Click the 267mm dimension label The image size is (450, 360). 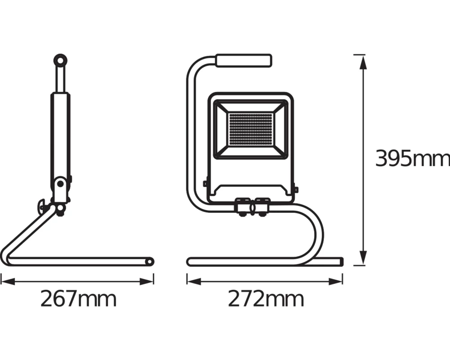coord(78,299)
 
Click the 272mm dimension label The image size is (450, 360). coord(265,299)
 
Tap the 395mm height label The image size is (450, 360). coord(412,159)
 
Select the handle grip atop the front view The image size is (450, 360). coord(244,61)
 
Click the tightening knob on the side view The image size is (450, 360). coord(42,206)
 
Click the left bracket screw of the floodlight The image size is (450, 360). coord(205,183)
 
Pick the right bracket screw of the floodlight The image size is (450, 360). coord(296,189)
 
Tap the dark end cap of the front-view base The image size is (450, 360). coord(341,261)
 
